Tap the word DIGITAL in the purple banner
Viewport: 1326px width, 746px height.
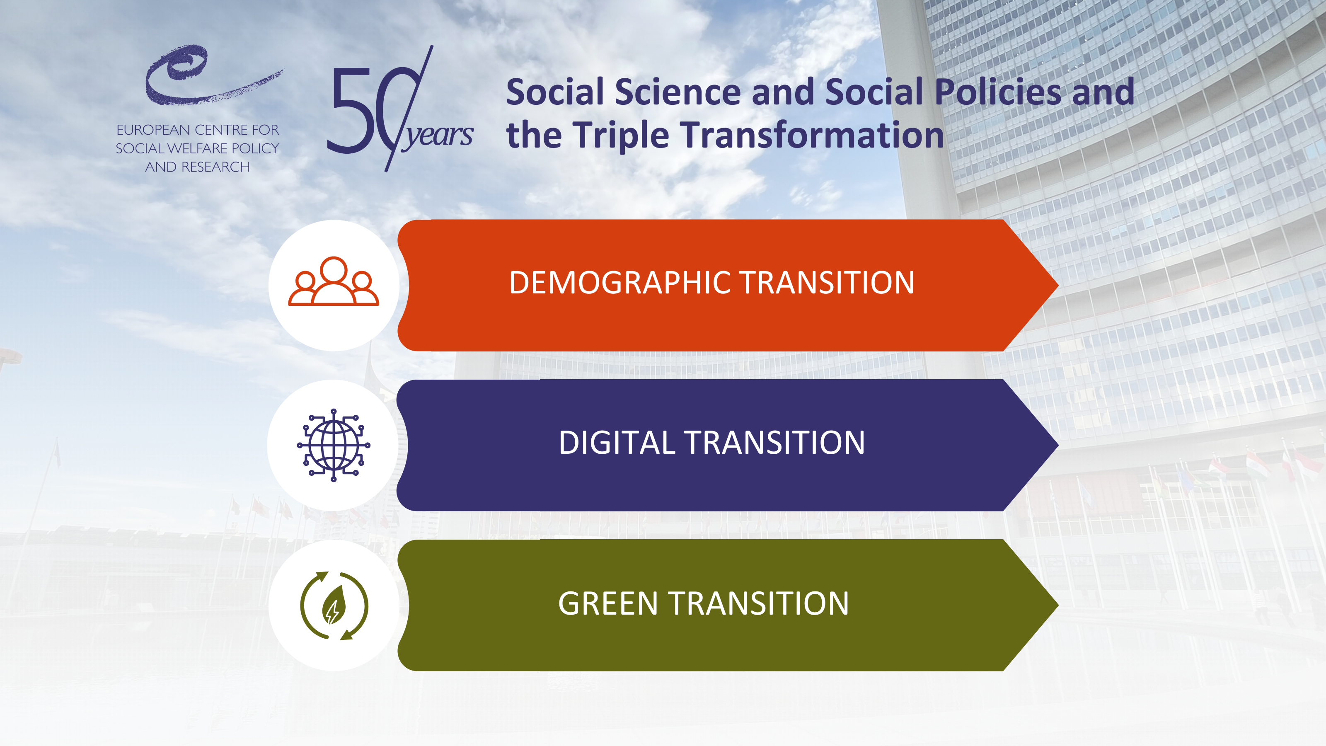click(617, 443)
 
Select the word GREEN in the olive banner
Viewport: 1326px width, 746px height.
click(608, 603)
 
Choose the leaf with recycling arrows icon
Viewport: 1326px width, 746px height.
click(334, 606)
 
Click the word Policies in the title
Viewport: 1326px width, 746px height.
click(997, 92)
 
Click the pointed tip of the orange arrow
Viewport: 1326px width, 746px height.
click(1058, 285)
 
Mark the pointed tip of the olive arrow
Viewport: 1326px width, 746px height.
click(1058, 605)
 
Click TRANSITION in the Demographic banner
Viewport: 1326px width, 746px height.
click(827, 283)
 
